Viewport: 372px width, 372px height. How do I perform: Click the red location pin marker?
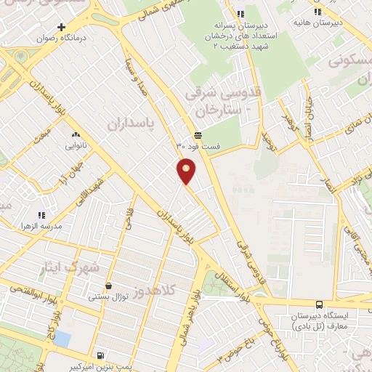(x=187, y=170)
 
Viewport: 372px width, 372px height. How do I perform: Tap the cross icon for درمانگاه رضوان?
(x=71, y=27)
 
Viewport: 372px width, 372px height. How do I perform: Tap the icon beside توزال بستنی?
(x=108, y=286)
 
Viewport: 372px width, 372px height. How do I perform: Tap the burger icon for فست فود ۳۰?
(x=198, y=135)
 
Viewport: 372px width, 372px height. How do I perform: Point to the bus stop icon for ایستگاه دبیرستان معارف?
(x=319, y=304)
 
